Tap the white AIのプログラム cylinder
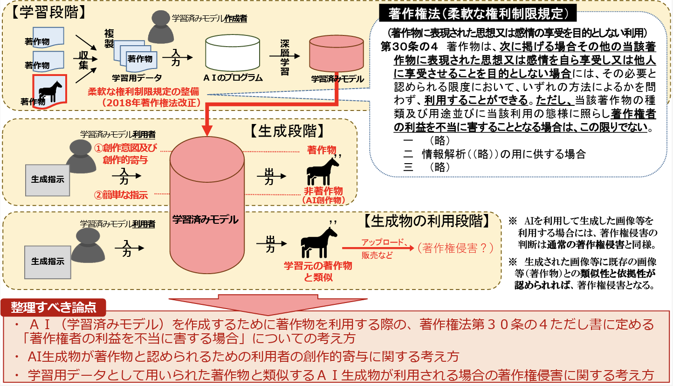click(x=233, y=53)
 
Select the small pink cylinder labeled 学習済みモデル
click(x=336, y=54)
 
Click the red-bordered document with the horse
click(x=49, y=91)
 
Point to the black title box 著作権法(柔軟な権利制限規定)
click(x=478, y=13)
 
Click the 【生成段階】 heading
click(x=288, y=131)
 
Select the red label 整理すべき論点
click(x=54, y=307)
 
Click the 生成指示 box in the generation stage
click(x=48, y=180)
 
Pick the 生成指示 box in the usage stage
click(x=48, y=262)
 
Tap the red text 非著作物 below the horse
click(x=323, y=191)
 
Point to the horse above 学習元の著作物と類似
click(x=319, y=242)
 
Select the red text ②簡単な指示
click(x=121, y=195)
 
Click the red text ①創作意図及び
click(x=125, y=148)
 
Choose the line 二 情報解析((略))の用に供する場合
click(x=494, y=154)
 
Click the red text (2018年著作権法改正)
click(x=151, y=103)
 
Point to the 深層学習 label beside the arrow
click(x=284, y=57)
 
